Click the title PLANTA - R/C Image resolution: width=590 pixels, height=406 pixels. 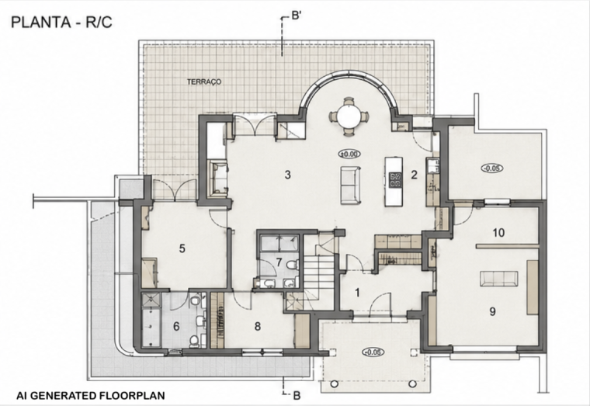(x=61, y=23)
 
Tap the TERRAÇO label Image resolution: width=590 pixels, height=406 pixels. (x=204, y=82)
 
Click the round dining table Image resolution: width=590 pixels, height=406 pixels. (x=349, y=116)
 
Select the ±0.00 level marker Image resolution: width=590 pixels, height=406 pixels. (x=349, y=154)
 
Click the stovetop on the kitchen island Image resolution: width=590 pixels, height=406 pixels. (x=395, y=179)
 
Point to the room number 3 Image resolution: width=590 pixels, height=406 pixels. (x=287, y=175)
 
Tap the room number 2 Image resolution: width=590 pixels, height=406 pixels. (x=414, y=175)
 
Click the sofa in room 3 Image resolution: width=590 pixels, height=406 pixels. (x=350, y=185)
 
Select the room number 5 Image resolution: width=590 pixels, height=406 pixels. (x=182, y=248)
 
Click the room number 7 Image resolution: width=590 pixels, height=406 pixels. (x=279, y=262)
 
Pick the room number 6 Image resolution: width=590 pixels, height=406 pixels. (x=176, y=326)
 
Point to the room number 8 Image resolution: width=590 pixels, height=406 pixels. (x=258, y=326)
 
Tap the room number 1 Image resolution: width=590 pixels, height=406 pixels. (x=357, y=293)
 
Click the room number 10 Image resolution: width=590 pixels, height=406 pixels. (x=498, y=233)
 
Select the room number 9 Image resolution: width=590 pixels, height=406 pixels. (x=492, y=311)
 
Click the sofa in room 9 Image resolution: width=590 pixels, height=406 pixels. (x=498, y=279)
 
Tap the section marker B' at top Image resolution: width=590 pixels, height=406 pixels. (x=297, y=17)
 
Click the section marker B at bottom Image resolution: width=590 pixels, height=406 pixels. (x=297, y=395)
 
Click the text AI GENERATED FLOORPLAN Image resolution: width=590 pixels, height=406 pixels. (x=90, y=395)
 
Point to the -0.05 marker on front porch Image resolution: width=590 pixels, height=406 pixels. (x=373, y=352)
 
